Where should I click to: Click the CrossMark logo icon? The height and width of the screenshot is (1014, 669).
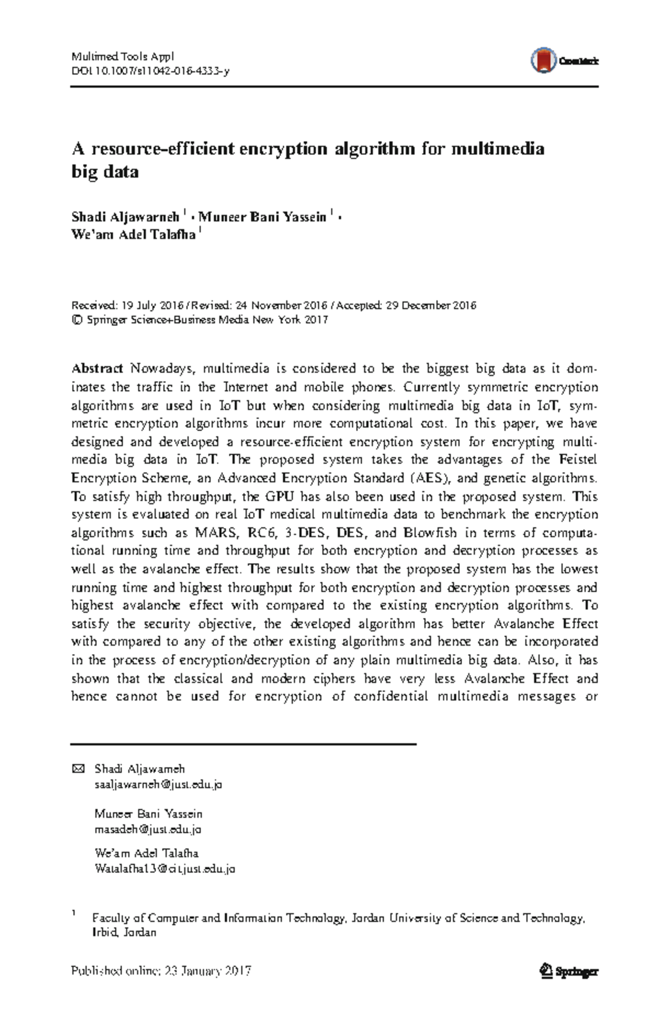pos(544,60)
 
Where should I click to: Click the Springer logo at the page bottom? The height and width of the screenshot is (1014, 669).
pos(569,971)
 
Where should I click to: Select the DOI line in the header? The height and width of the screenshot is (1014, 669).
pos(150,71)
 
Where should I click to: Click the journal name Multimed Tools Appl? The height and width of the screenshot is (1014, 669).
pos(123,56)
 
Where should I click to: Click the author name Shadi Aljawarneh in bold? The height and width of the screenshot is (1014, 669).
pos(125,217)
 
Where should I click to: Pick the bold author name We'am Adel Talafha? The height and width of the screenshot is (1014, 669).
pos(133,235)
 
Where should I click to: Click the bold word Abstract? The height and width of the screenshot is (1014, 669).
pos(97,368)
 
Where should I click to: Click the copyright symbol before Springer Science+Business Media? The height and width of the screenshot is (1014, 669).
pos(77,320)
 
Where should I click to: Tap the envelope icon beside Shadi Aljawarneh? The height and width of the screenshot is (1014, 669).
pos(78,769)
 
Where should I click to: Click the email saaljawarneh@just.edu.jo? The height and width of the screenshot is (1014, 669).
pos(158,784)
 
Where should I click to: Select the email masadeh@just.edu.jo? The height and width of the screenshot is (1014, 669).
pos(148,829)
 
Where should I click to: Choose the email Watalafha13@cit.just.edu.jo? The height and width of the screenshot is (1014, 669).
pos(165,869)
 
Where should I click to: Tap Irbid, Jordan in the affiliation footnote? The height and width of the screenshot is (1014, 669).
pos(124,932)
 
